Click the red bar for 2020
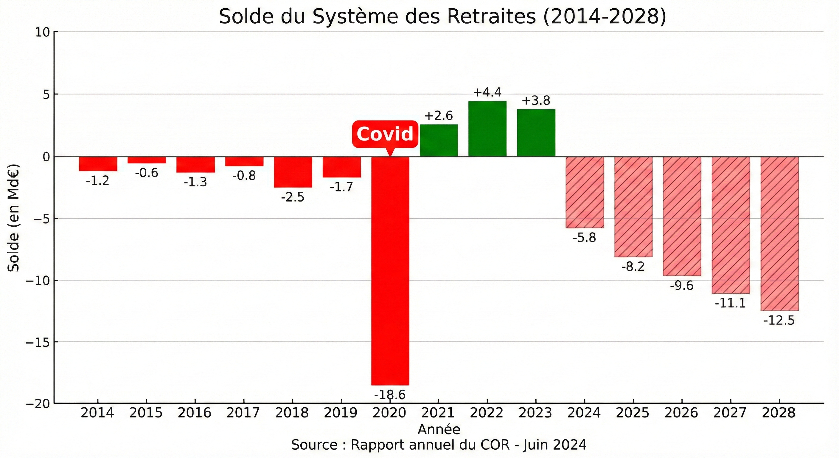(x=390, y=270)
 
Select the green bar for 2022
(x=487, y=129)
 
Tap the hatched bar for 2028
(x=779, y=233)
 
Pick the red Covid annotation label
(x=385, y=134)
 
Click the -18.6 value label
(x=390, y=395)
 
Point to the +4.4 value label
(x=487, y=92)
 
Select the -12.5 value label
(x=779, y=321)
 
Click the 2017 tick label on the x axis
(x=243, y=413)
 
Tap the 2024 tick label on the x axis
(x=584, y=413)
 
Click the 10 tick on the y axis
(x=42, y=32)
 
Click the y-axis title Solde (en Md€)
(x=14, y=218)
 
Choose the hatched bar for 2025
(x=633, y=207)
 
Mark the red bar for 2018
(x=293, y=172)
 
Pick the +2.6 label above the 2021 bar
(x=439, y=116)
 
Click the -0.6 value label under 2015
(x=147, y=173)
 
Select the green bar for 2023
(x=536, y=133)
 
